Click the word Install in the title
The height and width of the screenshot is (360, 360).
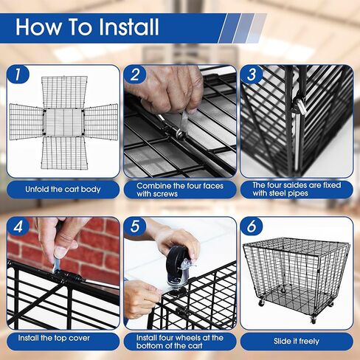128,27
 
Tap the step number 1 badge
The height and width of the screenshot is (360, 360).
18,75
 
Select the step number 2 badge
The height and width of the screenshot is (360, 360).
135,75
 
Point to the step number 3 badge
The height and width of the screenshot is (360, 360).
252,75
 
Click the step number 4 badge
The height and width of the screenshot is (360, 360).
18,226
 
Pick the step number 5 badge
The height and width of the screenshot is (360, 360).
135,226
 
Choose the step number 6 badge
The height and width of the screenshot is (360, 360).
252,226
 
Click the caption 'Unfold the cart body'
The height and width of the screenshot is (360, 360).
63,190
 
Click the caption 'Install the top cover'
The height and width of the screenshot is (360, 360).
54,338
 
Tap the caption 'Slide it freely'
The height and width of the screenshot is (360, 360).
297,341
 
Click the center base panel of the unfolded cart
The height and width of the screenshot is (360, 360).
63,122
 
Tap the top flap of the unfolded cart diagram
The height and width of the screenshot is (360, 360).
64,92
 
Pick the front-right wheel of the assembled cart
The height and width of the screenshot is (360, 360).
314,320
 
